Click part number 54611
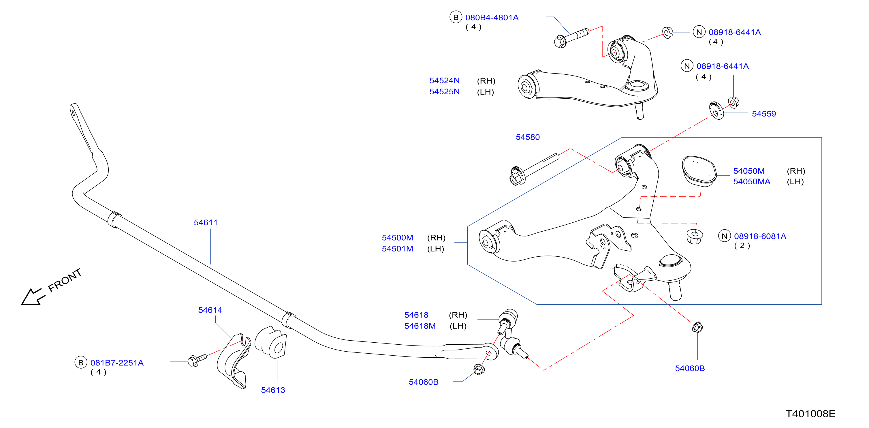[x=206, y=222]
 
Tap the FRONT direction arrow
[x=33, y=296]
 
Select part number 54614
[x=210, y=310]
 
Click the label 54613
[x=273, y=390]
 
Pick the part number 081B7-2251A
[x=117, y=363]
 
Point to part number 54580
[x=528, y=137]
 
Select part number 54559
[x=764, y=114]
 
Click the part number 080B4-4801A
[x=492, y=18]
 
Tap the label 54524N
[x=444, y=81]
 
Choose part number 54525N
[x=444, y=91]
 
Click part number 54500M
[x=397, y=238]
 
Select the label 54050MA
[x=752, y=182]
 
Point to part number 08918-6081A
[x=760, y=236]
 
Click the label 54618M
[x=420, y=326]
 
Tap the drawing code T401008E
[x=810, y=414]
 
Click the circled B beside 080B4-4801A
[x=456, y=17]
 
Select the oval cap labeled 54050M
[x=698, y=171]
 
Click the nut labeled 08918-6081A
[x=695, y=236]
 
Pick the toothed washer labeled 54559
[x=716, y=110]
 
